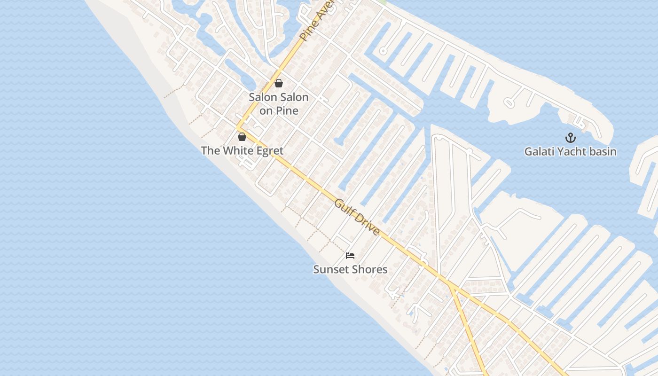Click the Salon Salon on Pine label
279,104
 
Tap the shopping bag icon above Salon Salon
279,83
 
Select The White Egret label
242,151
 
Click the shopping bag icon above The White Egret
242,137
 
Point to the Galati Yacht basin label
570,152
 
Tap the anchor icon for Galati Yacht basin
570,138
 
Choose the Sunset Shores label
350,269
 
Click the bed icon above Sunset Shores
350,256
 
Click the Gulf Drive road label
357,217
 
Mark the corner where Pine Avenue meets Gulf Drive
238,128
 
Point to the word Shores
369,269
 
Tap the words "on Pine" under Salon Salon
279,111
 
